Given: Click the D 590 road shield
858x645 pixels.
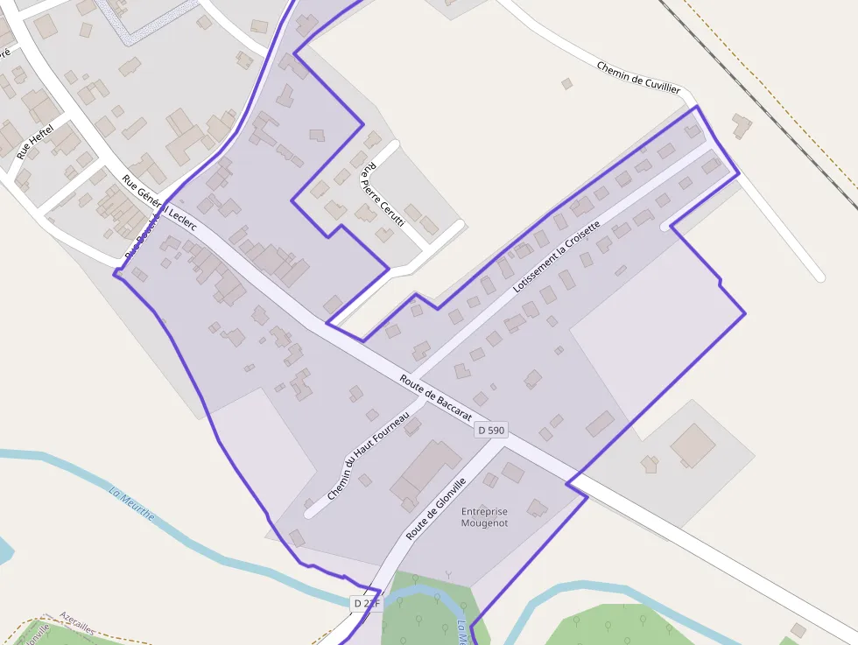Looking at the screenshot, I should click(x=491, y=430).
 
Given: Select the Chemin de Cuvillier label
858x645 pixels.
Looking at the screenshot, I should click(x=638, y=77).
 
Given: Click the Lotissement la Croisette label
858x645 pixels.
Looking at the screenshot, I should click(x=557, y=256).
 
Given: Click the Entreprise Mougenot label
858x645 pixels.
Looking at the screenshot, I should click(x=484, y=517).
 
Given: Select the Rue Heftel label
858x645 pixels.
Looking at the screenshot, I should click(x=35, y=141).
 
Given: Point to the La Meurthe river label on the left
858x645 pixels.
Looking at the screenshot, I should click(x=131, y=502).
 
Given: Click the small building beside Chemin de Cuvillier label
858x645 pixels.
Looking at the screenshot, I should click(x=566, y=84).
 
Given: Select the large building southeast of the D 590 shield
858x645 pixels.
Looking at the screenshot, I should click(x=693, y=445).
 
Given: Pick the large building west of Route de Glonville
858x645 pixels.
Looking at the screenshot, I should click(x=424, y=473).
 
